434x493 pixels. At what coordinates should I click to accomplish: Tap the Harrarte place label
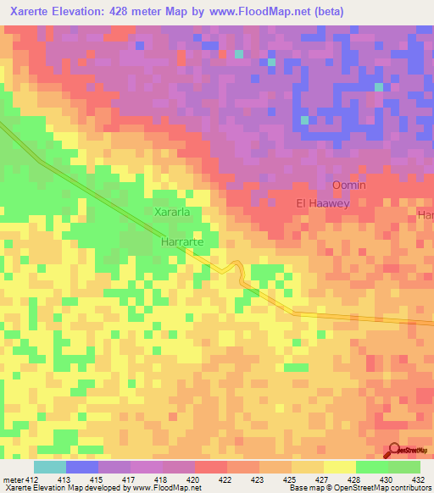tap(184, 241)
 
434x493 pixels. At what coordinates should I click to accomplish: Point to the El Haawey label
tap(323, 203)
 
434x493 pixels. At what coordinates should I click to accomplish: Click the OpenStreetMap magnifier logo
tap(395, 451)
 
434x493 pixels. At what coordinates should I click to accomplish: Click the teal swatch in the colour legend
tap(49, 467)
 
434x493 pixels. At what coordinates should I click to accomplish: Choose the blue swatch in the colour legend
tap(81, 467)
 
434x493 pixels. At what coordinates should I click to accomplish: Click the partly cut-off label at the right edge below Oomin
tap(426, 216)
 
